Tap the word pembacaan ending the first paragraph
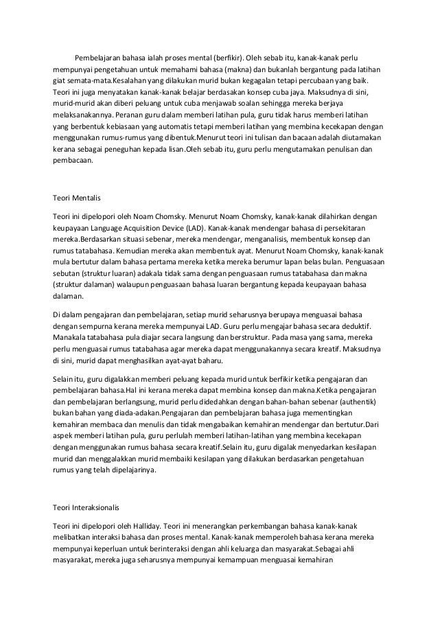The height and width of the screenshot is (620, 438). tap(76, 163)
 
